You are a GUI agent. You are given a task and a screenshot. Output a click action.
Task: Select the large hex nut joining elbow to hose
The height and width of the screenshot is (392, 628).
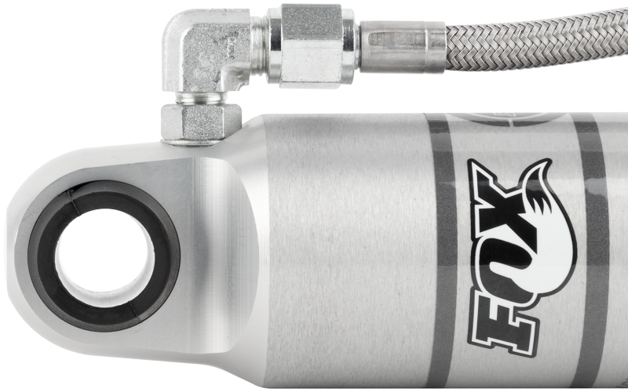click(312, 45)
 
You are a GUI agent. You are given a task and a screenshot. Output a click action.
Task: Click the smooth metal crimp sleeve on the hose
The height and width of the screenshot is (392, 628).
click(403, 47)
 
